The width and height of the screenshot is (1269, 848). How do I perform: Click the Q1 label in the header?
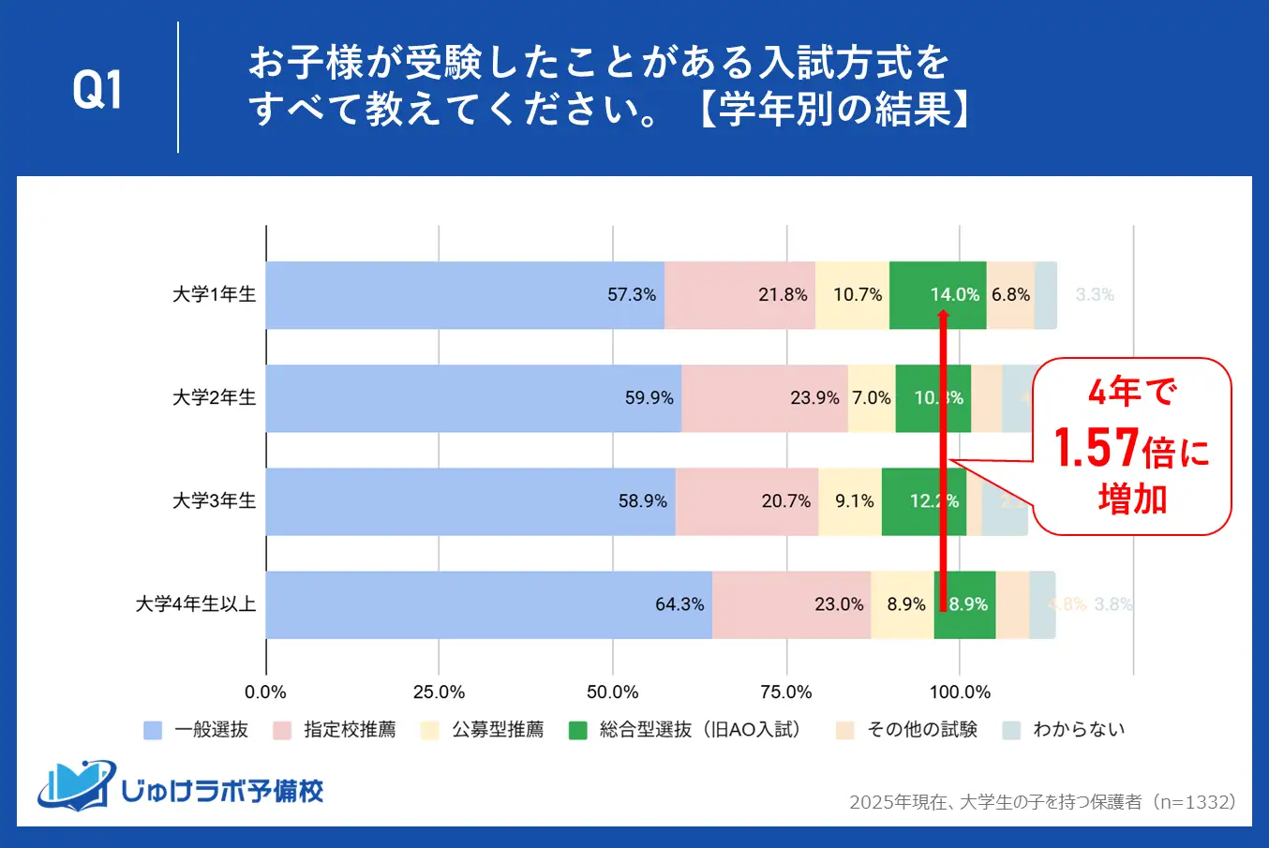97,89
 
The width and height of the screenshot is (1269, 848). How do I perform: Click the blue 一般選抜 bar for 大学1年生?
464,295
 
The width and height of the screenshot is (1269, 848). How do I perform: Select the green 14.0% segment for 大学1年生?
937,295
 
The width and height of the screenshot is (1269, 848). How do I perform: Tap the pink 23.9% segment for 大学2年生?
765,398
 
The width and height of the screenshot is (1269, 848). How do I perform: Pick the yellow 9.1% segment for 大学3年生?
850,501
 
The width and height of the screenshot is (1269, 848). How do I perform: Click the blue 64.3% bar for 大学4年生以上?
487,604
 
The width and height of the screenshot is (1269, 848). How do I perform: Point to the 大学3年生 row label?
214,501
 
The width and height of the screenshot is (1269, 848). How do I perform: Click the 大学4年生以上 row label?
196,604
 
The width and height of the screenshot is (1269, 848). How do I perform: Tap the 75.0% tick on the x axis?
786,692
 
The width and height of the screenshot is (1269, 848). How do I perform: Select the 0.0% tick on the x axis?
265,692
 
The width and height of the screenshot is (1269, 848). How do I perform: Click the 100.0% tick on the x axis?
960,692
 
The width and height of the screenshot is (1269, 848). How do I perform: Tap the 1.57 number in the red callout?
1097,448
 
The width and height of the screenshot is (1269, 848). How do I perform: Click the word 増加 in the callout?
1132,498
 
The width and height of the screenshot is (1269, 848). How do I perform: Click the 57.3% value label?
632,295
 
